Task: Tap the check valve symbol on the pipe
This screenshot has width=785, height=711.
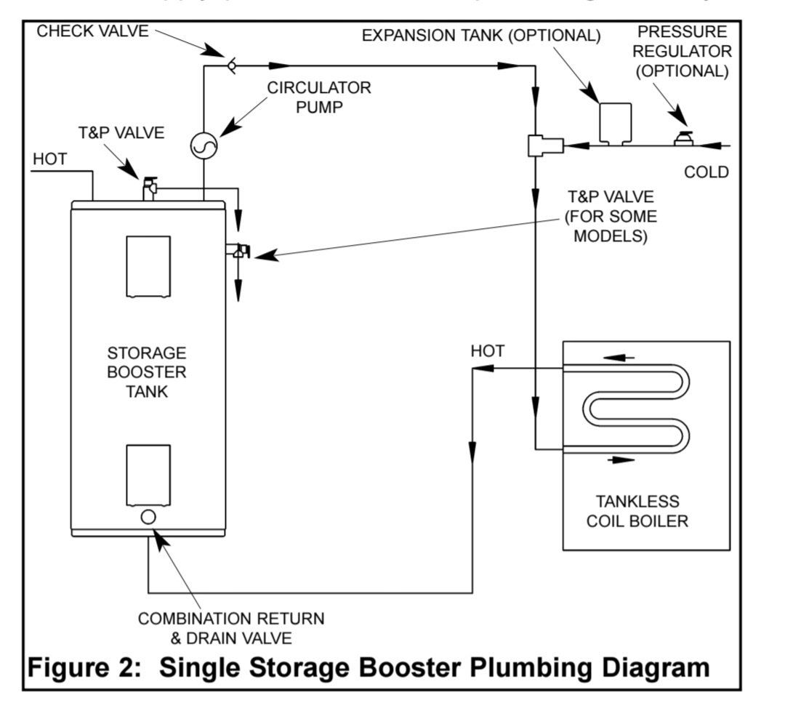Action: click(x=231, y=65)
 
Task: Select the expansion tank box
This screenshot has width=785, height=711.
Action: click(x=614, y=122)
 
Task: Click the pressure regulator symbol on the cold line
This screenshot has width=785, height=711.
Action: click(x=683, y=138)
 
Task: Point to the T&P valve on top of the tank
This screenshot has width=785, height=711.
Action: click(x=150, y=187)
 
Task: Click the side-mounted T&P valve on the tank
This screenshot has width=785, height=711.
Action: click(x=239, y=251)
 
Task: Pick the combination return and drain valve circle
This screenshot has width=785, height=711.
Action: click(x=148, y=517)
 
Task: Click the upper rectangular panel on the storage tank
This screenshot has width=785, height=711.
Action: click(x=148, y=266)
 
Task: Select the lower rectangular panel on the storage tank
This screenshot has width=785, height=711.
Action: click(x=148, y=475)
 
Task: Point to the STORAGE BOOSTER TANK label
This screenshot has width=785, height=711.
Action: click(x=147, y=372)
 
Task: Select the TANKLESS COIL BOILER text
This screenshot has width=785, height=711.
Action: click(x=637, y=511)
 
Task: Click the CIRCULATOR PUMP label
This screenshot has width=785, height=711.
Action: click(x=319, y=97)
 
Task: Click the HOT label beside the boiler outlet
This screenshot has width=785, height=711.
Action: click(x=487, y=351)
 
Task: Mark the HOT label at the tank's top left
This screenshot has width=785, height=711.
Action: click(x=50, y=160)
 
